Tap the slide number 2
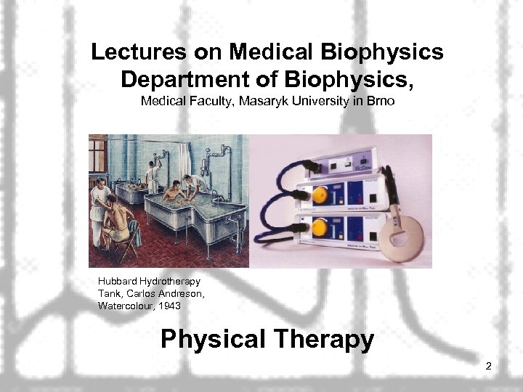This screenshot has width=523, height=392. pyautogui.click(x=489, y=366)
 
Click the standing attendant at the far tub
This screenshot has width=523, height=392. pyautogui.click(x=153, y=174)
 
